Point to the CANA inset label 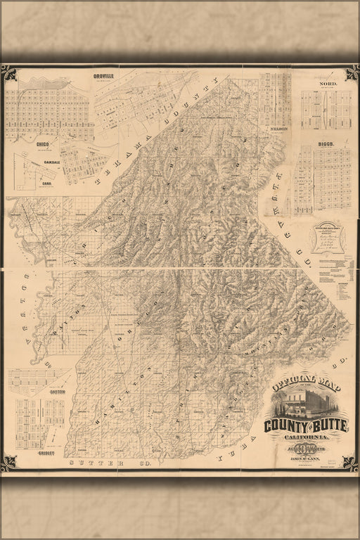[x=47, y=184]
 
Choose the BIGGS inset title [x=324, y=143]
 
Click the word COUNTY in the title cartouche [x=285, y=426]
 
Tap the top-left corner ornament [x=8, y=72]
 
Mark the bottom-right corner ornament [x=349, y=463]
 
